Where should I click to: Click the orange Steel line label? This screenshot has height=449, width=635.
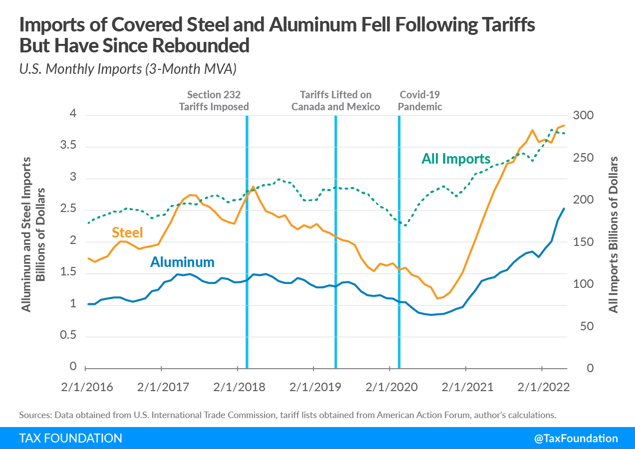127,232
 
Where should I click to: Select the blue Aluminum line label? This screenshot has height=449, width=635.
182,262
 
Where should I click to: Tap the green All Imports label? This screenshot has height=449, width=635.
456,159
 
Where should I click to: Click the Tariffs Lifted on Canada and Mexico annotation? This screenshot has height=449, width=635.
335,100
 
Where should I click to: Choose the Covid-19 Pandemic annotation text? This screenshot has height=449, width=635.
421,100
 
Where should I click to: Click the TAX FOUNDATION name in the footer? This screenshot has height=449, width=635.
70,439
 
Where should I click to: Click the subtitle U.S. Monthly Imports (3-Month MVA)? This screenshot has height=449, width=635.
127,69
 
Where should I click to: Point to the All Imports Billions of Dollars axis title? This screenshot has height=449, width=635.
614,235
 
